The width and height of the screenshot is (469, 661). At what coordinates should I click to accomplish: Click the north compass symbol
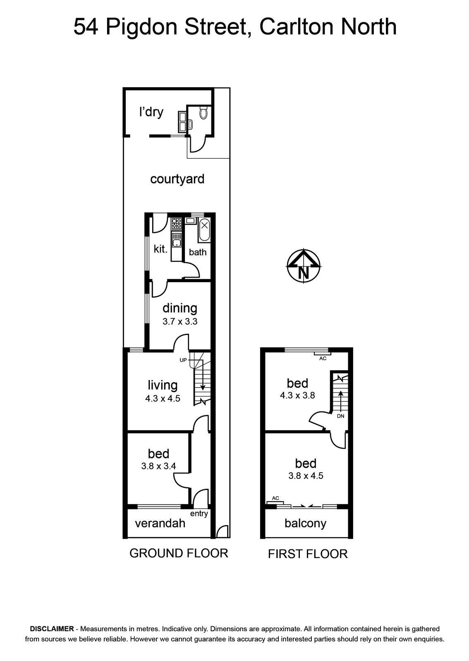click(x=304, y=266)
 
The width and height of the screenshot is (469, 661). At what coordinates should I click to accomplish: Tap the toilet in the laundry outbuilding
click(x=203, y=113)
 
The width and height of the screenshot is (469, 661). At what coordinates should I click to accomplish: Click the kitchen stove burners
click(x=177, y=224)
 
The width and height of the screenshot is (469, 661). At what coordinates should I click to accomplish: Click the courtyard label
click(x=177, y=179)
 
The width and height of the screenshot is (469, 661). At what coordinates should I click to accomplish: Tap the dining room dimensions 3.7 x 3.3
click(x=180, y=321)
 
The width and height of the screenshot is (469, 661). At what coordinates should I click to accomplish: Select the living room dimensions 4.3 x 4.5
click(x=163, y=398)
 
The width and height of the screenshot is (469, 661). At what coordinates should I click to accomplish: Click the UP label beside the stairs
click(x=183, y=360)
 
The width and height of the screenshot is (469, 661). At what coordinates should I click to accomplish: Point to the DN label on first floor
click(x=340, y=416)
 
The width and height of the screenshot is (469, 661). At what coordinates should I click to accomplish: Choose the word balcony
click(x=305, y=523)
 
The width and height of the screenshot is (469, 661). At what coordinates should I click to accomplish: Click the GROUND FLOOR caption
click(x=179, y=553)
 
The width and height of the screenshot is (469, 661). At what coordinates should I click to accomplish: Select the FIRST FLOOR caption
click(x=308, y=554)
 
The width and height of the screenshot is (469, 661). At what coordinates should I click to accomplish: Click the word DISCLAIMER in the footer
click(x=52, y=628)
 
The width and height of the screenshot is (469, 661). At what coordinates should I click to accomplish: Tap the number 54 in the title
click(x=86, y=27)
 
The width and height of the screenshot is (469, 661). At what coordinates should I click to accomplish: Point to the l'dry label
click(x=151, y=112)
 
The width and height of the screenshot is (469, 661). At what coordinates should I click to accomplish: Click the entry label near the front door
click(x=199, y=514)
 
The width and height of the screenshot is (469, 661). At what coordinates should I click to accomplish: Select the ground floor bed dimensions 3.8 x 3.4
click(x=158, y=466)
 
